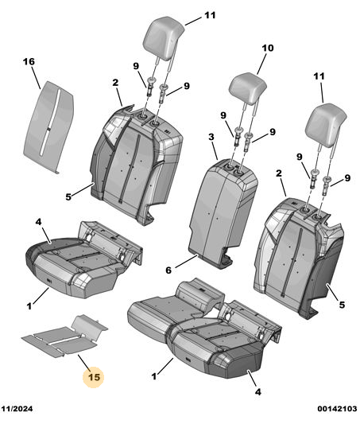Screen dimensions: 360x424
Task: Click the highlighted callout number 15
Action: pyautogui.click(x=94, y=377)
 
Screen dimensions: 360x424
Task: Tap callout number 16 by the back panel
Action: pyautogui.click(x=29, y=62)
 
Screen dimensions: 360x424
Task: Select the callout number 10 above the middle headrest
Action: pyautogui.click(x=268, y=49)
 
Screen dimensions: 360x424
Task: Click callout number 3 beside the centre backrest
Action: pyautogui.click(x=211, y=137)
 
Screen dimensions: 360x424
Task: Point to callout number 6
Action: pyautogui.click(x=168, y=270)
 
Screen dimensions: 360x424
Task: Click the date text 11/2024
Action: pyautogui.click(x=17, y=408)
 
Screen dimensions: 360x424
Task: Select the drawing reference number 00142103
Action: pyautogui.click(x=337, y=408)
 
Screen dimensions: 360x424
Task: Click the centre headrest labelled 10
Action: pyautogui.click(x=248, y=88)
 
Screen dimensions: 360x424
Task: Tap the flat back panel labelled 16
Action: pyautogui.click(x=48, y=126)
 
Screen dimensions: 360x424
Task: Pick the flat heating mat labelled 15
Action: pyautogui.click(x=65, y=336)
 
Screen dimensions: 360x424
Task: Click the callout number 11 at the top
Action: pyautogui.click(x=210, y=15)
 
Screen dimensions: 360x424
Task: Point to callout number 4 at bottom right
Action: pyautogui.click(x=258, y=392)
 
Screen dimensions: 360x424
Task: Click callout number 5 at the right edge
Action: pyautogui.click(x=342, y=305)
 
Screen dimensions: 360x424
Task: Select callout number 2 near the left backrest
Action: pyautogui.click(x=115, y=83)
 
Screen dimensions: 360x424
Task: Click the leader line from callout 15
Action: pyautogui.click(x=84, y=363)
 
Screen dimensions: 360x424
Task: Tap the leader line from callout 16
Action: pyautogui.click(x=37, y=78)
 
